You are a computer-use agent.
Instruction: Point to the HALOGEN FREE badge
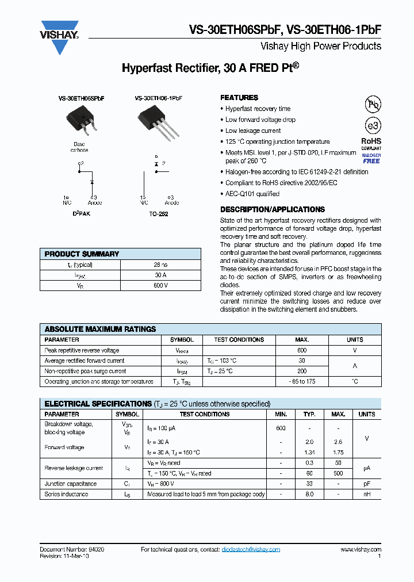(371, 159)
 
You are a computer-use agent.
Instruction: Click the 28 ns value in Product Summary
(160, 265)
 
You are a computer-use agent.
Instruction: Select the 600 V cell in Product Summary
(160, 285)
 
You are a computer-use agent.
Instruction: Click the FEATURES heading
(239, 98)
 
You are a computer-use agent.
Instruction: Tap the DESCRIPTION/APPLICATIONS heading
(272, 209)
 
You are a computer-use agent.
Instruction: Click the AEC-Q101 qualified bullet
(252, 194)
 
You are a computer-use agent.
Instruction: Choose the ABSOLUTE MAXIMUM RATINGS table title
(100, 329)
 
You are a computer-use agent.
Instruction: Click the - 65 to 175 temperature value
(301, 381)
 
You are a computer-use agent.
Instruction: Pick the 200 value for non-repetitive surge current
(301, 371)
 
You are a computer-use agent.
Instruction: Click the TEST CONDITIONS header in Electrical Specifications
(204, 414)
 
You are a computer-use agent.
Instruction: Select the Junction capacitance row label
(71, 484)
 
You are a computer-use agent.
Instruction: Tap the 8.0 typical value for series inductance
(309, 494)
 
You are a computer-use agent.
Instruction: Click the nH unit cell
(366, 494)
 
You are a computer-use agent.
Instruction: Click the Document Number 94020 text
(72, 549)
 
